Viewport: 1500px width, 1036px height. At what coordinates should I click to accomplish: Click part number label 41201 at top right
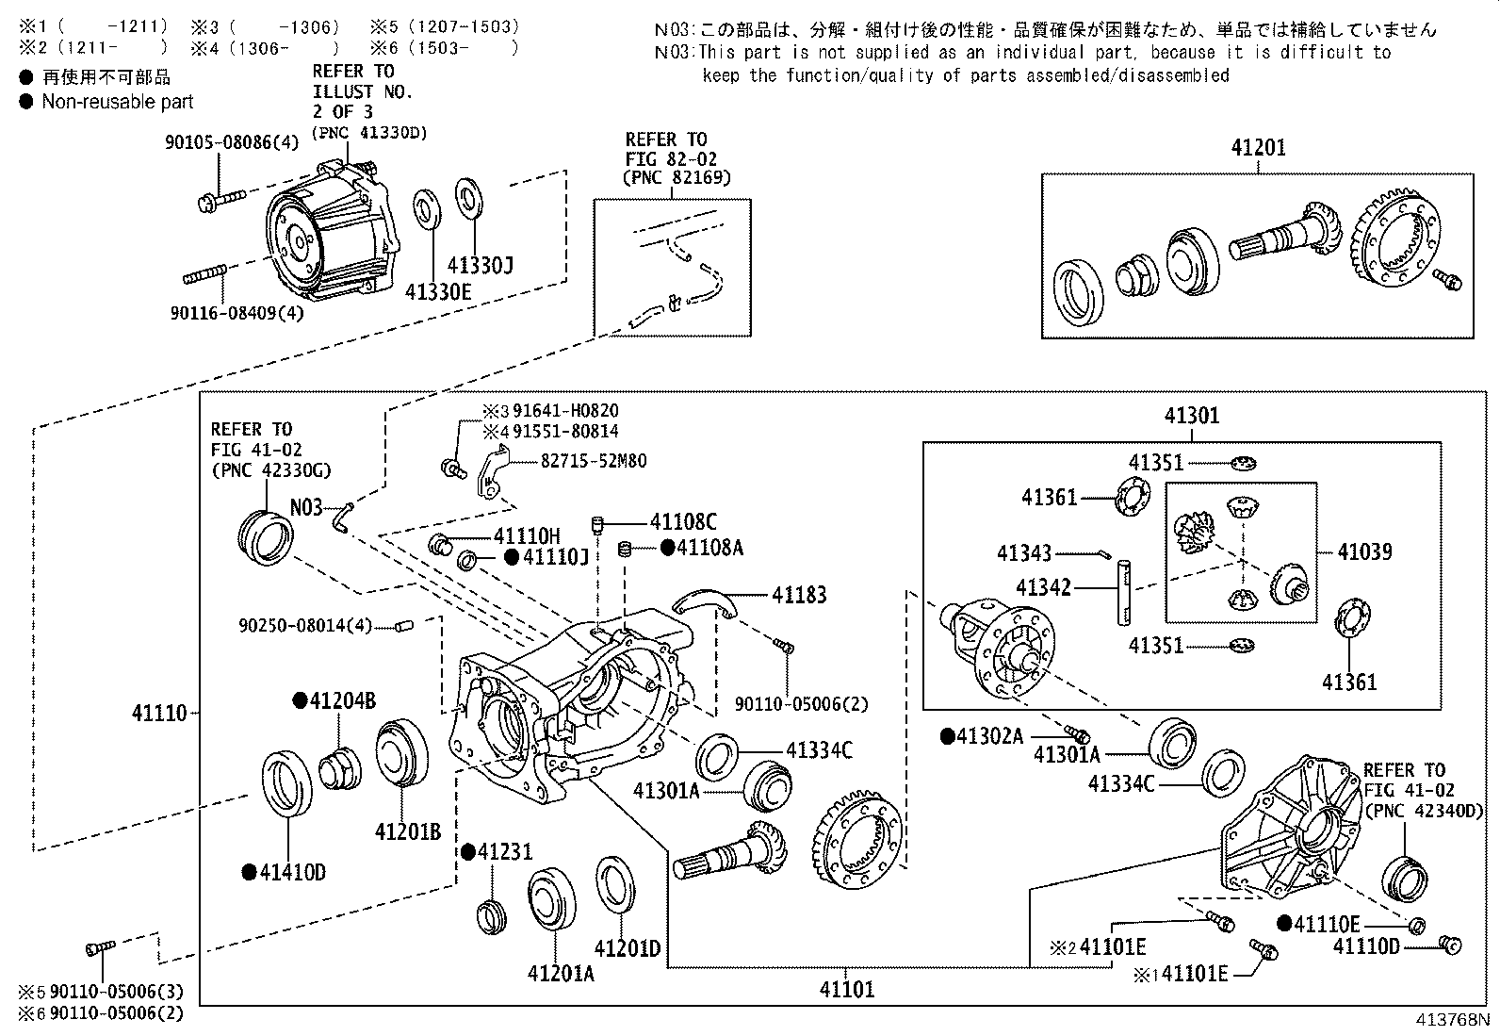[x=1258, y=148]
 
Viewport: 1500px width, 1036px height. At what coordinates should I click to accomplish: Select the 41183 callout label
[x=799, y=595]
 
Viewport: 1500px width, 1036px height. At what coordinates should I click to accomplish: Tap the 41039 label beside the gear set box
[x=1364, y=551]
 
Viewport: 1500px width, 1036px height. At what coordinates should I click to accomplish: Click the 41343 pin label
[x=1024, y=554]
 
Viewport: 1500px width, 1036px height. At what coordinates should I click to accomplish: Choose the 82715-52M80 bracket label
[x=594, y=461]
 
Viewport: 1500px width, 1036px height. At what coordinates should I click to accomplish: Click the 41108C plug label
[x=683, y=521]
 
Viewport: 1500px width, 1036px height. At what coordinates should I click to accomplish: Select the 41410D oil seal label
[x=292, y=872]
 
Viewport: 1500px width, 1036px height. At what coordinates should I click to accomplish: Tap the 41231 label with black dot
[x=504, y=851]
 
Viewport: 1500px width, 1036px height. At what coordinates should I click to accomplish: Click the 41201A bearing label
[x=561, y=974]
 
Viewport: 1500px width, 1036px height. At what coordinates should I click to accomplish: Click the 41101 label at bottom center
[x=846, y=989]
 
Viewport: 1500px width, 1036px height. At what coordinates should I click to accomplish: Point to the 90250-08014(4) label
[x=305, y=625]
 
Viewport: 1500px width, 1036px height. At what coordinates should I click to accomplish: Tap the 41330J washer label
[x=480, y=266]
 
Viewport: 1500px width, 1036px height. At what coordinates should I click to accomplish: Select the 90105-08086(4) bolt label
[x=231, y=142]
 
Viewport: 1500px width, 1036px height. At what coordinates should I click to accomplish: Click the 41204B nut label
[x=343, y=700]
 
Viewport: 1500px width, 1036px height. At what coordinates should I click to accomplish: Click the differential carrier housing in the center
[x=565, y=716]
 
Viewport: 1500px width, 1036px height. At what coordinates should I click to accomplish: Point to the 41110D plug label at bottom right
[x=1366, y=946]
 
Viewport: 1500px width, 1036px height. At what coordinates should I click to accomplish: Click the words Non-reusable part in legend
[x=118, y=102]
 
